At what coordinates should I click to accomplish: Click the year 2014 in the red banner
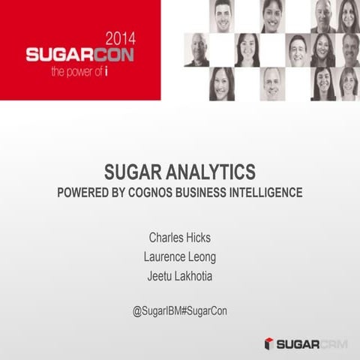pyautogui.click(x=122, y=38)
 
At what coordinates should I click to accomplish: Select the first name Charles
pyautogui.click(x=169, y=238)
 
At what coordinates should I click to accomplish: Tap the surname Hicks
pyautogui.click(x=200, y=238)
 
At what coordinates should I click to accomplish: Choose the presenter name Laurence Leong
pyautogui.click(x=180, y=256)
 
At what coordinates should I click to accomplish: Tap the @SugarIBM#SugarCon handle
pyautogui.click(x=180, y=310)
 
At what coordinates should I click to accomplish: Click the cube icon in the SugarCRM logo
pyautogui.click(x=268, y=343)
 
